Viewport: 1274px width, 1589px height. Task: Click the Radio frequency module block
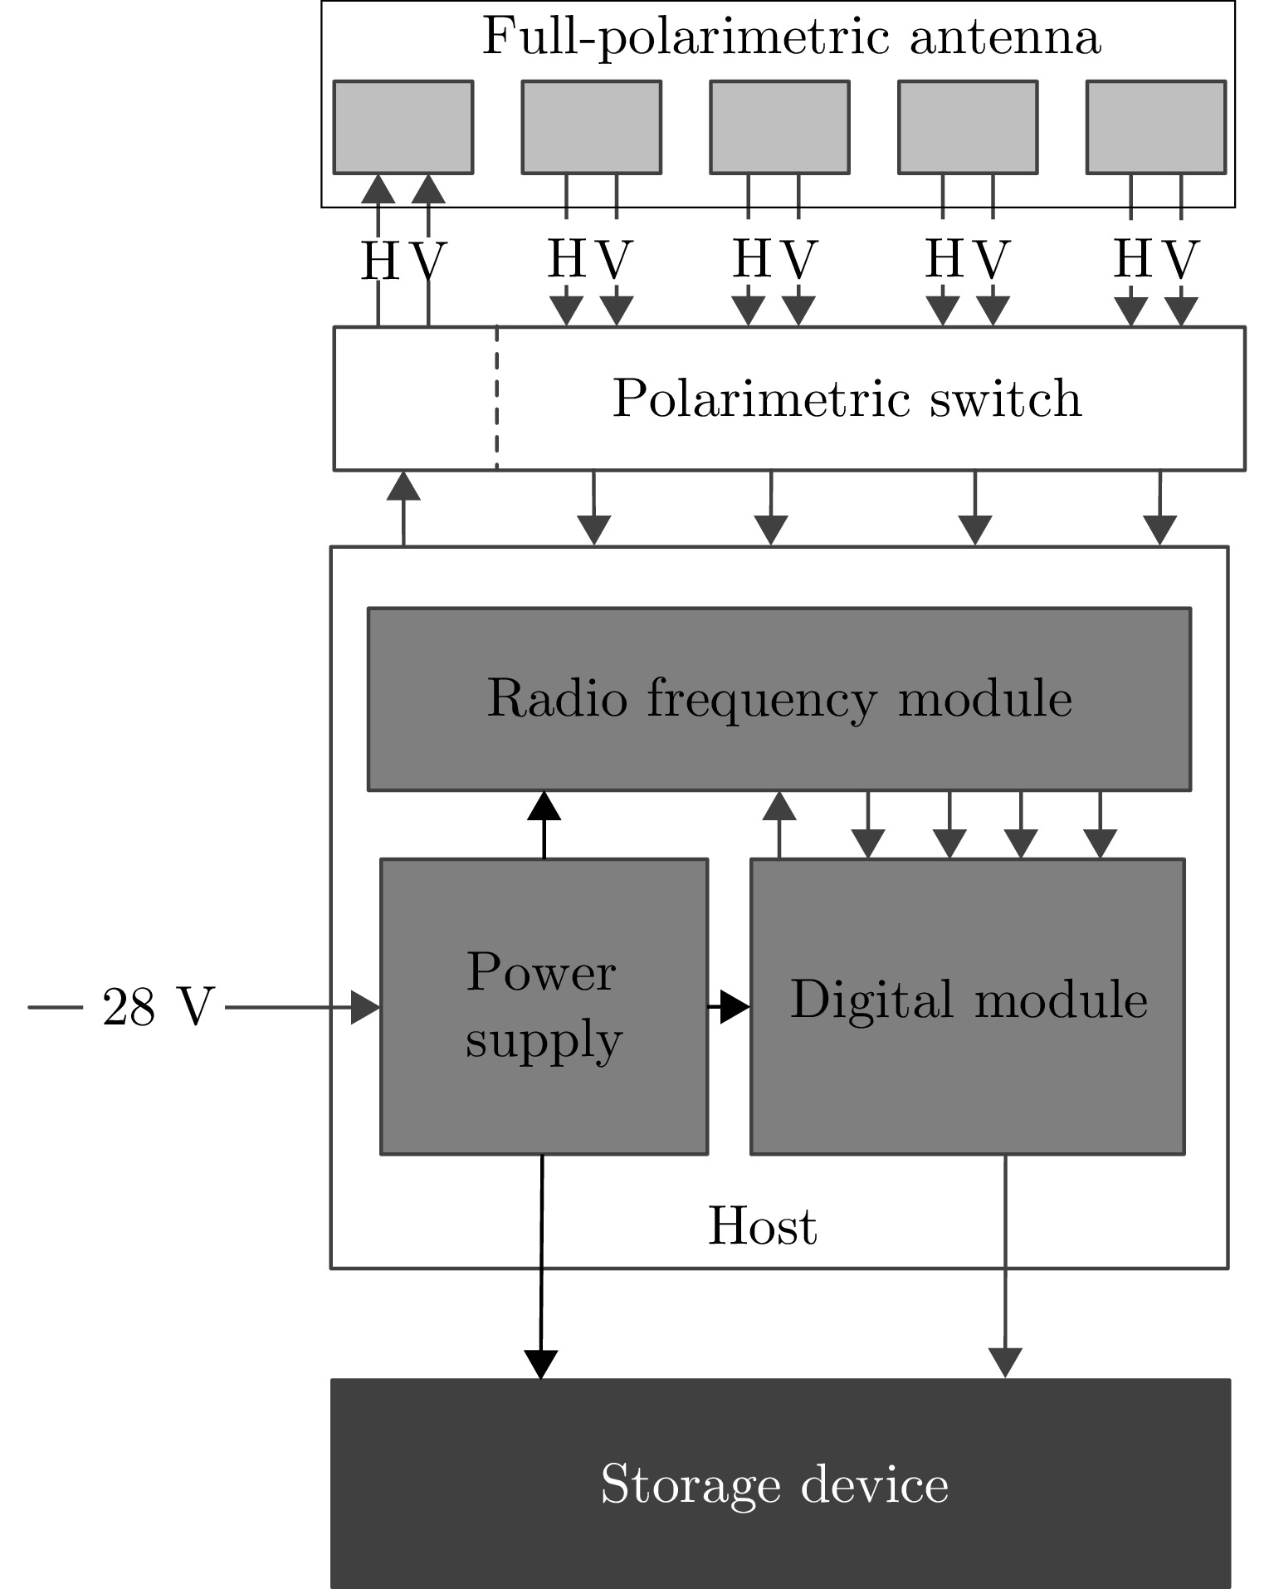tap(779, 699)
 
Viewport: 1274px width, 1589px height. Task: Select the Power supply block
tap(544, 1006)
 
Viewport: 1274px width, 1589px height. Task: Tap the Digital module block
tap(967, 1006)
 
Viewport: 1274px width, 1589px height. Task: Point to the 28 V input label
tap(158, 1008)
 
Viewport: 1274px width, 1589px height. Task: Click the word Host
tap(762, 1226)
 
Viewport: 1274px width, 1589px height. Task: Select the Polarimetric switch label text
tap(847, 398)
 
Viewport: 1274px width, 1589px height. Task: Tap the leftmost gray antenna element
tap(403, 127)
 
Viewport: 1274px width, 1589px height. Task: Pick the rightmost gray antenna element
tap(1156, 127)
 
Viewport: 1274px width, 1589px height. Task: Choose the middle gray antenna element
tap(779, 127)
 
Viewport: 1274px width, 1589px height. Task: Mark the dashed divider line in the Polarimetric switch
tap(497, 398)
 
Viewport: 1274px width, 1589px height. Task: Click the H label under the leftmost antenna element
tap(379, 262)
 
